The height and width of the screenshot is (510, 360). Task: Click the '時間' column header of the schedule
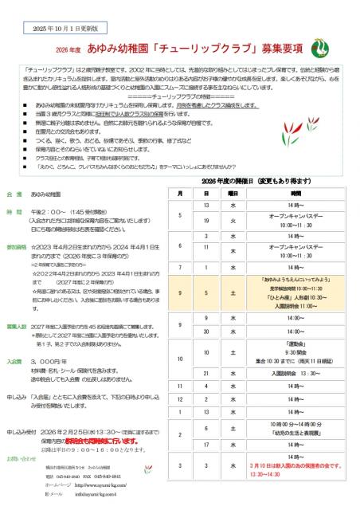coord(296,194)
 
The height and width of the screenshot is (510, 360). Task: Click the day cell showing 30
coord(206,331)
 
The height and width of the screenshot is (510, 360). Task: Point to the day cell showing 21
coord(206,372)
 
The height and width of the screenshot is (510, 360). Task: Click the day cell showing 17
coord(206,445)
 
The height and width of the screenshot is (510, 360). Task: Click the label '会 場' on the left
coord(15,194)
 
